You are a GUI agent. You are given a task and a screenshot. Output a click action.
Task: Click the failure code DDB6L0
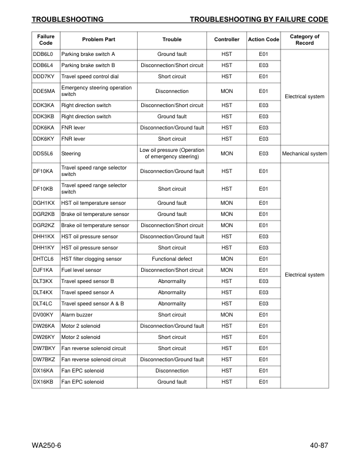(44, 54)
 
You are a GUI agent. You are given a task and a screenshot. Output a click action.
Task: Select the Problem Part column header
(98, 39)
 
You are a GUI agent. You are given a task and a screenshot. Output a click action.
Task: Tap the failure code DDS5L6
(44, 154)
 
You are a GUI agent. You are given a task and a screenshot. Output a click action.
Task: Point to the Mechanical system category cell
(304, 154)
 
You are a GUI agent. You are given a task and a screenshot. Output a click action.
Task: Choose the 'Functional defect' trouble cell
(172, 259)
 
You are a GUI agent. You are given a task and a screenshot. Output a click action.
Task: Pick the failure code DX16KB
(44, 382)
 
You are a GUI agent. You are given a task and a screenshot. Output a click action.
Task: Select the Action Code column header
(264, 39)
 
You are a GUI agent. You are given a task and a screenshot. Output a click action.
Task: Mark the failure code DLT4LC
(44, 304)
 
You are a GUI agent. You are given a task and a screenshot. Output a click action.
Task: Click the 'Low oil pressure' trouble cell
(172, 154)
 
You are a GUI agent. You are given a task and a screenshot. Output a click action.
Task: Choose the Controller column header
(226, 39)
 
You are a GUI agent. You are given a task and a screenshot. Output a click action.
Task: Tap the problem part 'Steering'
(71, 154)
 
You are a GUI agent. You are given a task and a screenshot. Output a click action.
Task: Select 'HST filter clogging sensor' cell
(92, 259)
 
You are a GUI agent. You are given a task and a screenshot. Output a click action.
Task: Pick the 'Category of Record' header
(304, 39)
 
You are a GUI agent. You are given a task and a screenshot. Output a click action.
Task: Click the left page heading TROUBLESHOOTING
(68, 19)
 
